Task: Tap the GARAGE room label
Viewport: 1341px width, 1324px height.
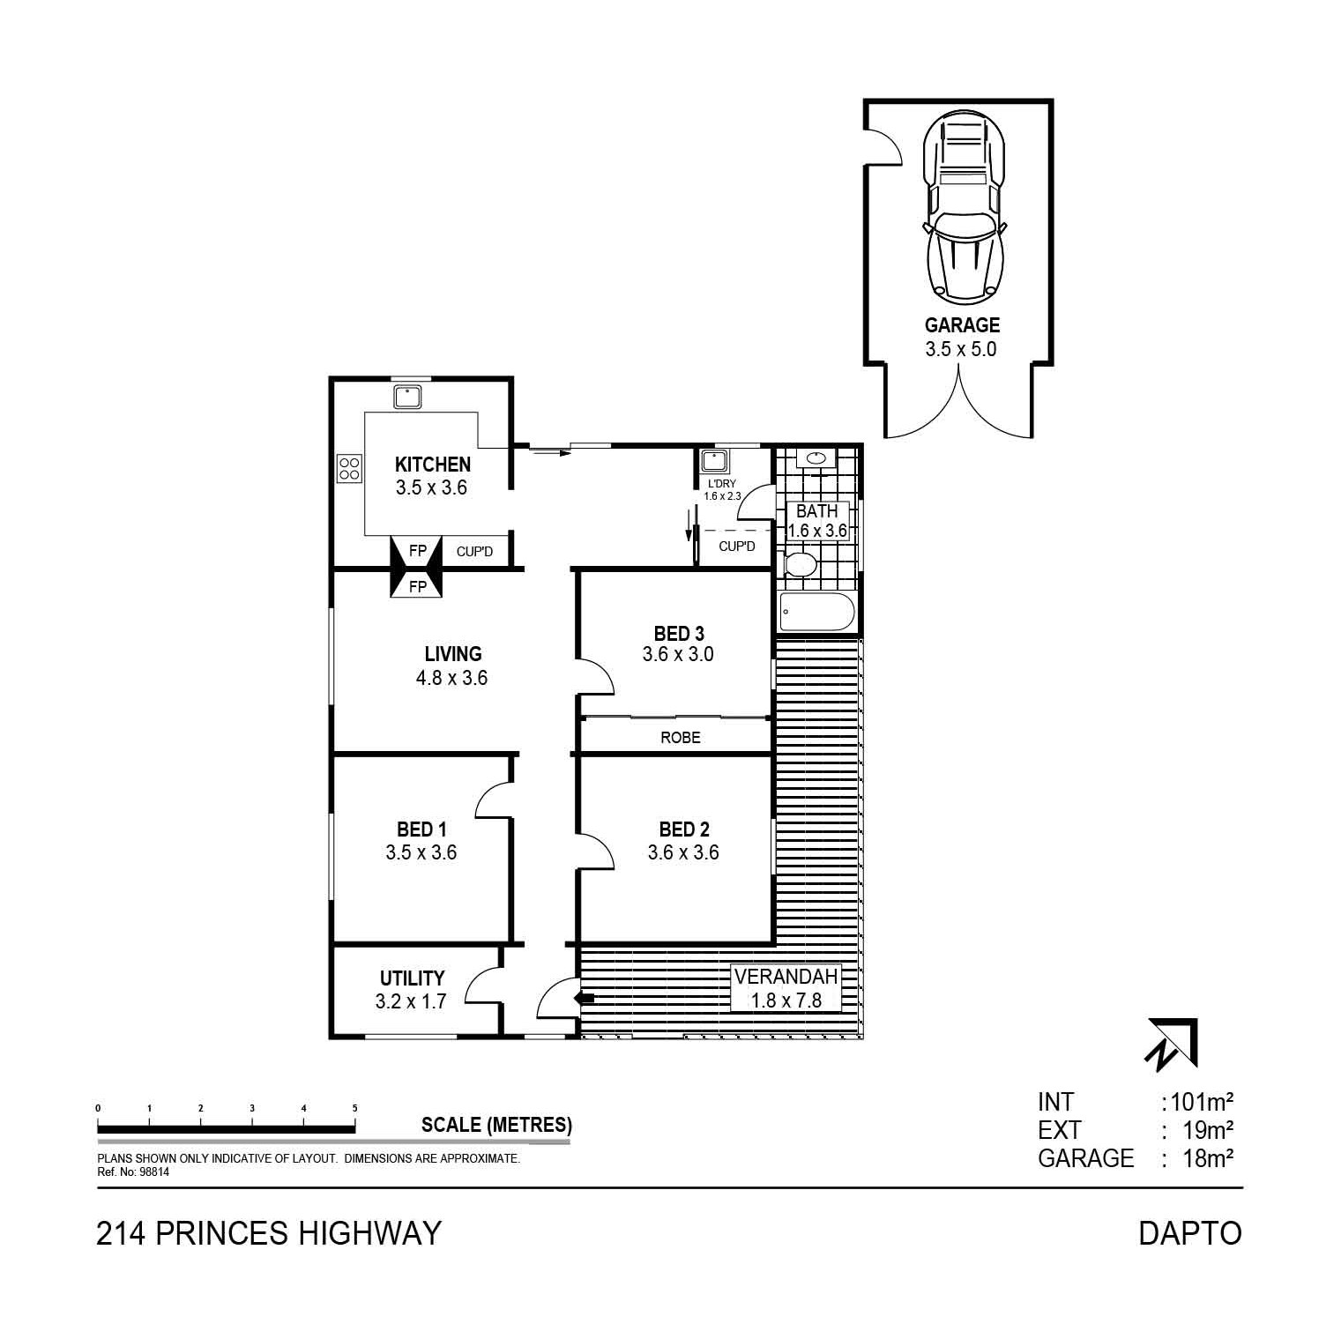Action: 962,325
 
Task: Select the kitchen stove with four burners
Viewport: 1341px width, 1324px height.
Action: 349,467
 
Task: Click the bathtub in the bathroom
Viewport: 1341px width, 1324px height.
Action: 817,612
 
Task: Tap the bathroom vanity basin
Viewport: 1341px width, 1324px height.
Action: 817,457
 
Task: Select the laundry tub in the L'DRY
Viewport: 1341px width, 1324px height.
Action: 713,462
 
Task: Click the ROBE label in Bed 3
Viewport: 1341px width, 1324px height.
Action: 681,737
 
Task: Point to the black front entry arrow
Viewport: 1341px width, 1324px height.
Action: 584,998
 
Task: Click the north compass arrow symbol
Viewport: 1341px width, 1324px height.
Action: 1172,1045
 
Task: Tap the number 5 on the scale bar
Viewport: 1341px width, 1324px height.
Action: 354,1108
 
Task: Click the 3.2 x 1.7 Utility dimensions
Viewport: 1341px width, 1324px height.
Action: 411,1000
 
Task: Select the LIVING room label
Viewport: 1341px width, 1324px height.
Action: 453,654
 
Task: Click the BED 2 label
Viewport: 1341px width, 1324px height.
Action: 684,829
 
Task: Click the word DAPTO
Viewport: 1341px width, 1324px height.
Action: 1190,1232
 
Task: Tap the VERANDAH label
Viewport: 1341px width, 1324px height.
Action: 786,977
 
